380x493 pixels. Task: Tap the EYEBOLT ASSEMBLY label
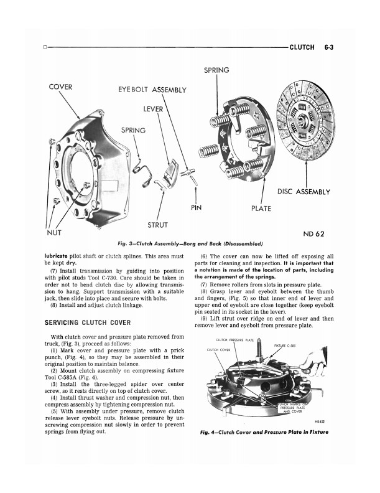click(152, 90)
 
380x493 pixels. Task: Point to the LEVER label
click(153, 109)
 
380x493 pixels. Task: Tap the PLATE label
click(261, 209)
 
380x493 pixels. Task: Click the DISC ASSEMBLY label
click(304, 192)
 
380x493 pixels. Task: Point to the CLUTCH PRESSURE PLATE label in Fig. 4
click(234, 339)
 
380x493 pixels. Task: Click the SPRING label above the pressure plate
click(216, 70)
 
